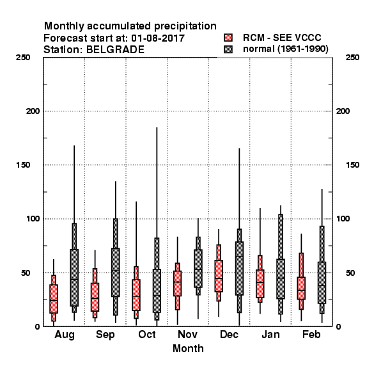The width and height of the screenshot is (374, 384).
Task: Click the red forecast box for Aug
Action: pos(54,299)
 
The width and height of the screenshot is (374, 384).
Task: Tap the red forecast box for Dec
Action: pos(219,276)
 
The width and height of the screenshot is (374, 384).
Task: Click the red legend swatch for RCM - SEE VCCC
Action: pos(228,38)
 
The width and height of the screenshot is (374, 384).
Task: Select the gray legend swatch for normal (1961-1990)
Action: pos(228,49)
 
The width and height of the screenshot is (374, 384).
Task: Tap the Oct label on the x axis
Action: pos(147,335)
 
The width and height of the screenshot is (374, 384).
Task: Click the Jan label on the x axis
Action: pos(270,335)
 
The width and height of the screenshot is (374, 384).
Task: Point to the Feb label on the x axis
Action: pos(311,335)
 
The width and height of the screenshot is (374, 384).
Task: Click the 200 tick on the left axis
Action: pos(33,111)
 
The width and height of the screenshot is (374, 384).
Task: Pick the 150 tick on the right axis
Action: pos(352,165)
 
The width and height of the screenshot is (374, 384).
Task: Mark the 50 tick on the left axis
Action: pos(26,273)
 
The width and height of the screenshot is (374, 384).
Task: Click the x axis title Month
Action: pos(188,349)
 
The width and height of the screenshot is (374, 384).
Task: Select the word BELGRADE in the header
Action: pos(115,50)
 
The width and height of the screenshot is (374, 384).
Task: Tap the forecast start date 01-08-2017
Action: pos(158,38)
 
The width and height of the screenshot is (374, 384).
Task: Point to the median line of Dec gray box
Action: pos(240,257)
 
